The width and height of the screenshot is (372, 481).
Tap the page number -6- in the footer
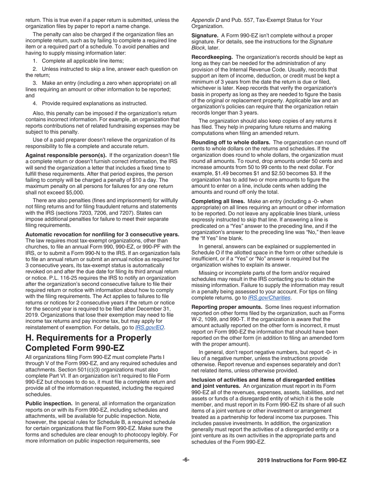click(186, 460)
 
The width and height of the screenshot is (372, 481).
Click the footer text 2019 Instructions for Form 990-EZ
click(302, 460)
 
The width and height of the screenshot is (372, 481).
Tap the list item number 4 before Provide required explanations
click(35, 103)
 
